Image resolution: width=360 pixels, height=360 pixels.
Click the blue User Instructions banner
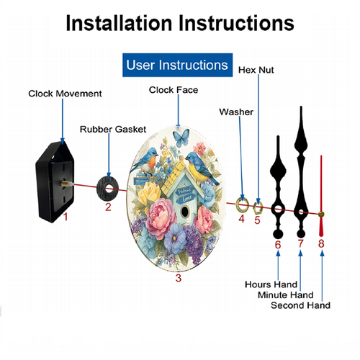coord(177,65)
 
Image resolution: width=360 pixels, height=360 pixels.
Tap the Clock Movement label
coord(65,94)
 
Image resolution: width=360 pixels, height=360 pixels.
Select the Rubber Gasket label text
coord(113,129)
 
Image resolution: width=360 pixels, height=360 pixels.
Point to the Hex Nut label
coord(256,70)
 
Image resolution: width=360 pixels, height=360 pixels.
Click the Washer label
coord(236,112)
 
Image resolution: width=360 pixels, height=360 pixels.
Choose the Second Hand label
coord(300,305)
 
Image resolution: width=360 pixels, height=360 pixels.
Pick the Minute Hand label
coord(285,294)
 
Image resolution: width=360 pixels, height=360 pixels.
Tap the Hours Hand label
coord(271,284)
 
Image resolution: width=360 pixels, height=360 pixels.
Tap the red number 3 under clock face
coord(179,278)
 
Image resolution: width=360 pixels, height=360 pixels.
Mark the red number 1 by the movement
coord(66,217)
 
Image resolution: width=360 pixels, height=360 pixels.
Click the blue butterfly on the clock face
coord(181,138)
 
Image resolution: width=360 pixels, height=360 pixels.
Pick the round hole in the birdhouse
coord(185,212)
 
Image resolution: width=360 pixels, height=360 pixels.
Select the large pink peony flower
coord(161,218)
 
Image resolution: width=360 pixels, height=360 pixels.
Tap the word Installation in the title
coord(119,23)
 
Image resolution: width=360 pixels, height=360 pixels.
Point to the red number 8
coord(321,243)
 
